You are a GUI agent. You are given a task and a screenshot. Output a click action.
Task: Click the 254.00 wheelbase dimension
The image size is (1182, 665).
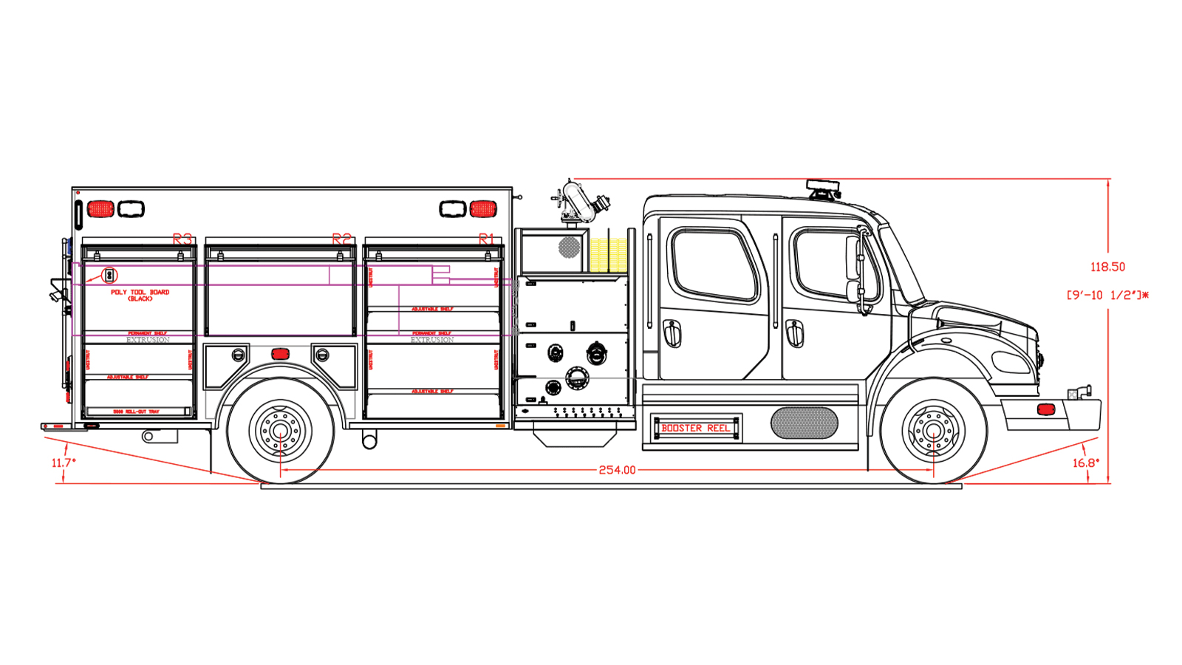click(617, 470)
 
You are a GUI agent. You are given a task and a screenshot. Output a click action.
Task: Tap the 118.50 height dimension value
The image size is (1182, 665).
click(1107, 267)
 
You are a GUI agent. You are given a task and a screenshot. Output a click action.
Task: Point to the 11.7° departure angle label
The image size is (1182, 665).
click(64, 463)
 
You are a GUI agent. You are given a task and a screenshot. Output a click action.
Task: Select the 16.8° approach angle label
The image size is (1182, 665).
click(1086, 463)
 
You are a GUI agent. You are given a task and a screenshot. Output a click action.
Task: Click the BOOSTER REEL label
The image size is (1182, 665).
click(695, 428)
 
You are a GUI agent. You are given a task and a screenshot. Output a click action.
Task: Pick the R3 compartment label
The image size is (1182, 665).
click(182, 239)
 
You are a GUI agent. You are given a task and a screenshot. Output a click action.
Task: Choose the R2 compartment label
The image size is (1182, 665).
click(341, 239)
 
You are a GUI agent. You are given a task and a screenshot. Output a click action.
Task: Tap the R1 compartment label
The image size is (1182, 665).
click(486, 239)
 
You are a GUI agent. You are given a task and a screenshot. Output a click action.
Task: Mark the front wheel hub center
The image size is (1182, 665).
click(933, 431)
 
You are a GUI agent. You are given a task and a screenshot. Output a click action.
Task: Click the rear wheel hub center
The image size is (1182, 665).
click(280, 431)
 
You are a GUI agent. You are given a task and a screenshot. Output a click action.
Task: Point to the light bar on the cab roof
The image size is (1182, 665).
click(823, 188)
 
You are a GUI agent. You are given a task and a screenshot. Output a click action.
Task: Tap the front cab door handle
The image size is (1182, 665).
click(794, 332)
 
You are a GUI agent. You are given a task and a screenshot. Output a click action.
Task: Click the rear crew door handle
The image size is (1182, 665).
click(672, 332)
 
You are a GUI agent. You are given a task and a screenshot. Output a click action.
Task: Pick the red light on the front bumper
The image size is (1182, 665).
click(1045, 409)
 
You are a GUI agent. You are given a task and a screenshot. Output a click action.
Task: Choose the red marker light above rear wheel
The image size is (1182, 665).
click(280, 354)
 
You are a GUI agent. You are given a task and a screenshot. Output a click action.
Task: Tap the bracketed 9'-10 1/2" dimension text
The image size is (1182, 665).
click(1107, 296)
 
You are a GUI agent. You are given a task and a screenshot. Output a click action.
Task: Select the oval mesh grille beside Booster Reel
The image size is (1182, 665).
click(804, 423)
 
